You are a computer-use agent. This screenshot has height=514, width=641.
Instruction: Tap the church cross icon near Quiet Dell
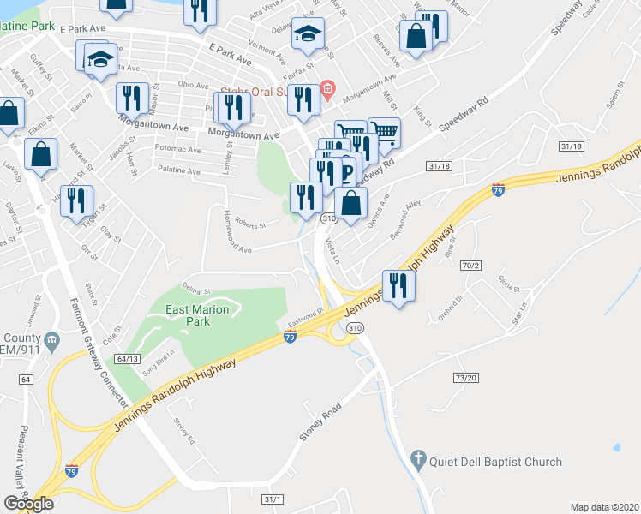click(x=417, y=460)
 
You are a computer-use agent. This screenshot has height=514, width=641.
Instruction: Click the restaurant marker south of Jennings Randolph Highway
click(x=396, y=284)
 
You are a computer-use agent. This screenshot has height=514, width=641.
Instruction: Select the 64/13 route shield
click(x=129, y=359)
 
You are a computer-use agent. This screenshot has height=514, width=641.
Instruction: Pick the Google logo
click(x=29, y=503)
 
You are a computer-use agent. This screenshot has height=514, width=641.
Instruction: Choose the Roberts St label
click(x=251, y=226)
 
